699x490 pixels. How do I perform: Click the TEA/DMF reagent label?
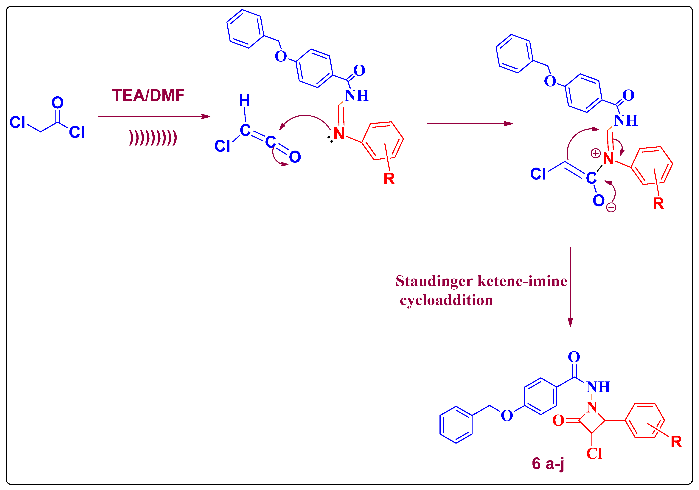[x=148, y=96]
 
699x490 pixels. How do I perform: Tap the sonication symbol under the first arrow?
[x=153, y=138]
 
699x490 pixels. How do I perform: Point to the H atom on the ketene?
[x=244, y=101]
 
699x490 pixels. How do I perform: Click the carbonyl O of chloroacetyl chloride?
[x=58, y=103]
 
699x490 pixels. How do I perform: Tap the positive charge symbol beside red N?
[x=596, y=153]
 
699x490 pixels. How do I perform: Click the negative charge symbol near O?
[x=611, y=207]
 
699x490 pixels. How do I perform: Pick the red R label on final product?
[x=676, y=442]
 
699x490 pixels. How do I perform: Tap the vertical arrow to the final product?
[x=570, y=286]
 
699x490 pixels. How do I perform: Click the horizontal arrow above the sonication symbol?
[x=154, y=116]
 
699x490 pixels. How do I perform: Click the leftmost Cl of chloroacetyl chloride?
[x=17, y=122]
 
